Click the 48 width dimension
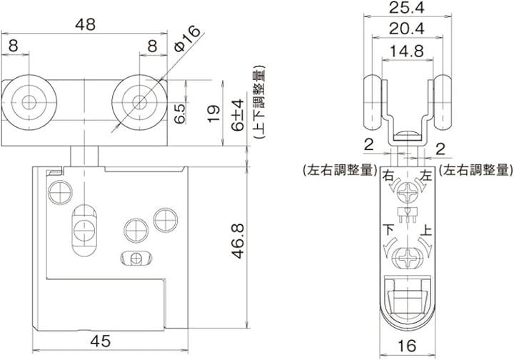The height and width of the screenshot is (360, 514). [85, 24]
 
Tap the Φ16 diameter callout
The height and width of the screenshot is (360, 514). [187, 38]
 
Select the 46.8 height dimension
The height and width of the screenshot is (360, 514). [238, 241]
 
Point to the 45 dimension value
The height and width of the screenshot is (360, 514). [101, 341]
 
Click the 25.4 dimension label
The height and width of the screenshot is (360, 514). [407, 7]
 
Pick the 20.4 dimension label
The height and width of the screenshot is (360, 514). [407, 29]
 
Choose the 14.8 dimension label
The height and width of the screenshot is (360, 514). [407, 51]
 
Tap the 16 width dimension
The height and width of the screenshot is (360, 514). [407, 346]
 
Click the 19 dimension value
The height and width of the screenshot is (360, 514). [213, 113]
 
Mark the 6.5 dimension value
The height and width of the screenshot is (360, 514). [180, 113]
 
